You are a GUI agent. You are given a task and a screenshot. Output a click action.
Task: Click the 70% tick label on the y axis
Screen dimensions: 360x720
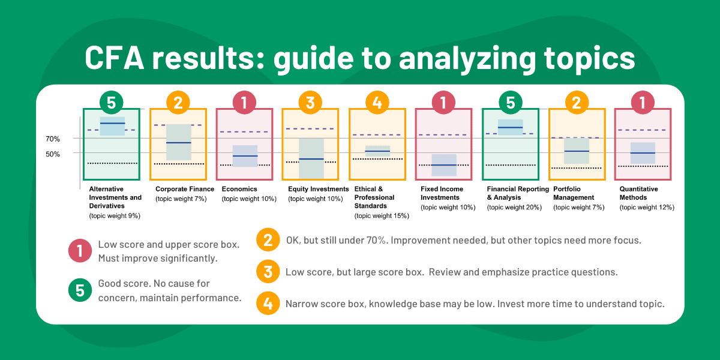point(53,139)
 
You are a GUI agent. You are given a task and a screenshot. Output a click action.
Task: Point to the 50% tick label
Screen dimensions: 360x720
point(53,154)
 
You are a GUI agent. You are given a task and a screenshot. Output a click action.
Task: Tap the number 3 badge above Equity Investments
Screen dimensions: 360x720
point(310,103)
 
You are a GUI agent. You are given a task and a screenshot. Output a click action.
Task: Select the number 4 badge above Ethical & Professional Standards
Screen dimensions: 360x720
point(377,103)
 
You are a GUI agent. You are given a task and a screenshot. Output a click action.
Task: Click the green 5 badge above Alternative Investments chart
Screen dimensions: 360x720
point(111,103)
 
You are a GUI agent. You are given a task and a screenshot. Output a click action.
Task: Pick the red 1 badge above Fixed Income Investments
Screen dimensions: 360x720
point(443,103)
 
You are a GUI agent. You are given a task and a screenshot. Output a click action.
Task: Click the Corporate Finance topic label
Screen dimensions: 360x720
point(185,189)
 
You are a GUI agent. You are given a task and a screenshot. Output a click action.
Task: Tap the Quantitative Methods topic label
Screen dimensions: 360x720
point(638,193)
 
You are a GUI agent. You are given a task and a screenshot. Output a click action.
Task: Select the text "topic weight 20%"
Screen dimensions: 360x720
point(514,207)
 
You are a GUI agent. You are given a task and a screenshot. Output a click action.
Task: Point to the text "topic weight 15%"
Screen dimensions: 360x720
point(382,215)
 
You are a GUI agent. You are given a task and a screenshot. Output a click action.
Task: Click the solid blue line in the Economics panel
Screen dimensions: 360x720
point(245,156)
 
